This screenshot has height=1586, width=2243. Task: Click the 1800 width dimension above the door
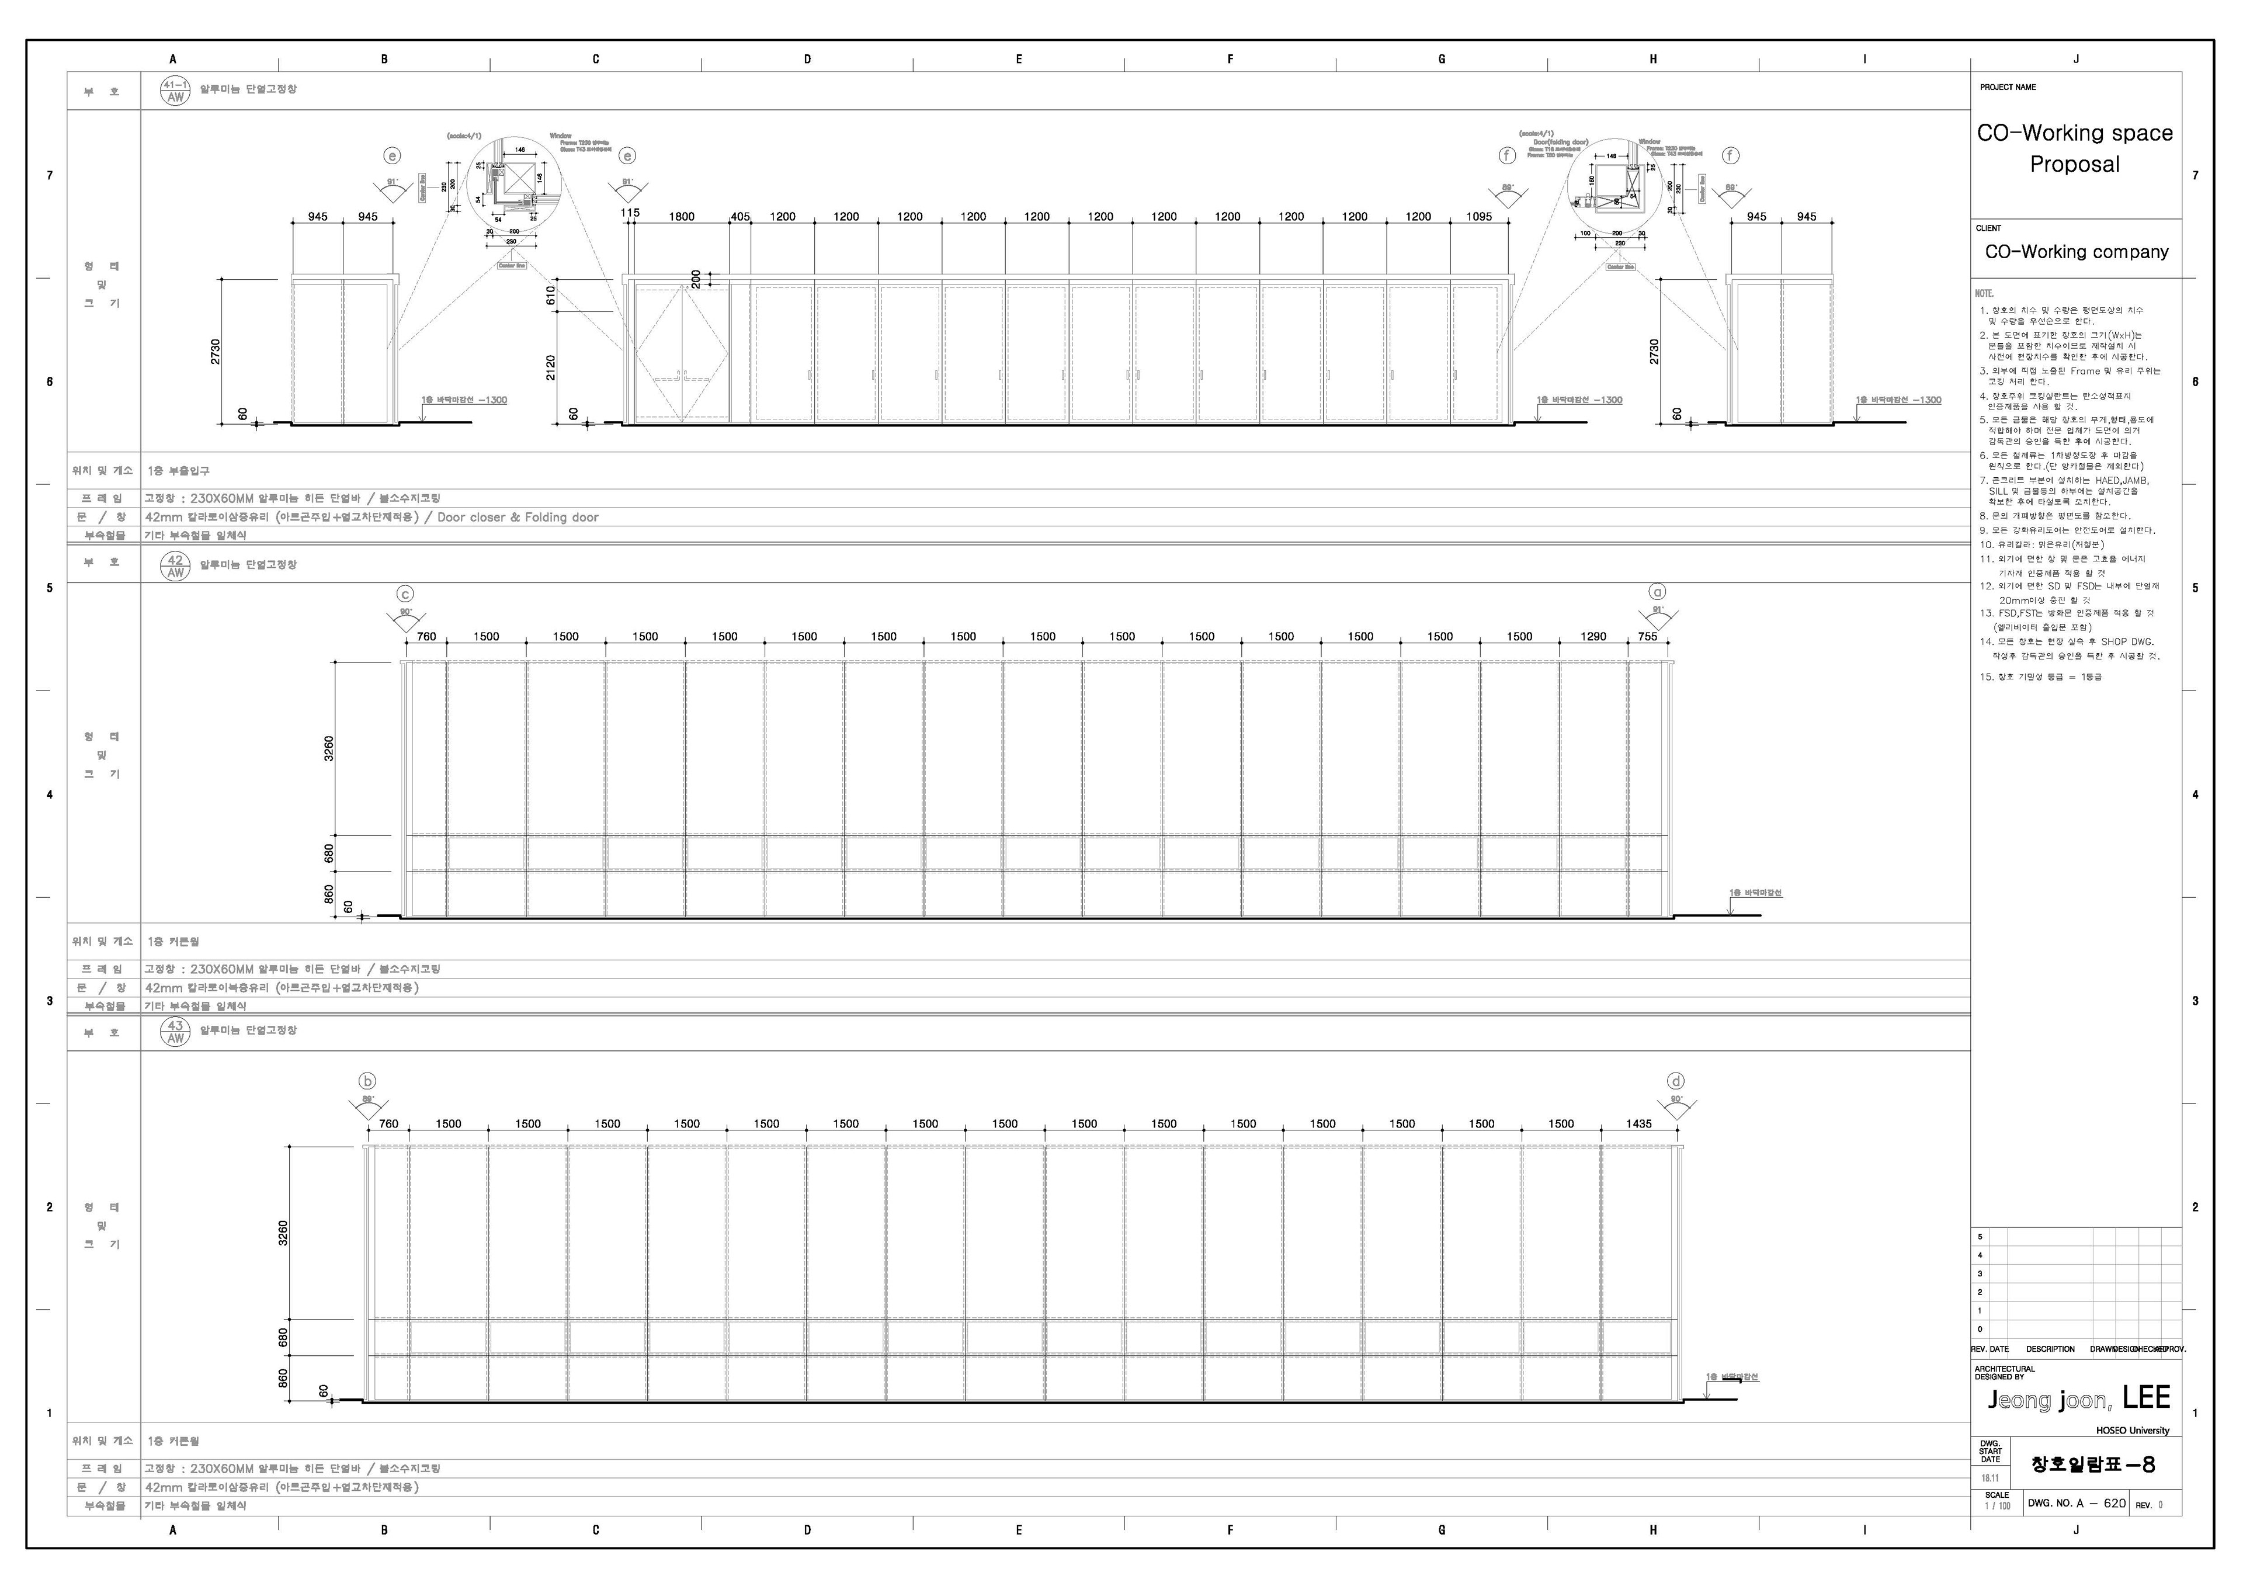click(681, 217)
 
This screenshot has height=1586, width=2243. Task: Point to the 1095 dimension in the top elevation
click(1479, 217)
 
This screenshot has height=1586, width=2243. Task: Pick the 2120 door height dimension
click(551, 367)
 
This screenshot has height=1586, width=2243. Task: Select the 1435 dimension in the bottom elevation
click(1638, 1124)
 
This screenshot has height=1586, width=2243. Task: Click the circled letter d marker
click(1676, 1081)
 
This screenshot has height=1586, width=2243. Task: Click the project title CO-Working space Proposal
click(2075, 148)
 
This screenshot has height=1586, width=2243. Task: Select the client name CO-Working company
click(2076, 252)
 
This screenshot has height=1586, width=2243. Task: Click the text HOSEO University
click(2133, 1431)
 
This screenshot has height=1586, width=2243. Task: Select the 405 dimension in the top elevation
click(741, 217)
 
